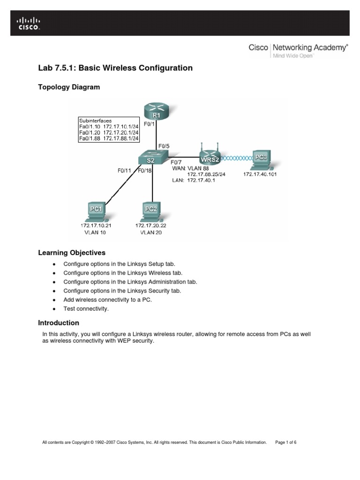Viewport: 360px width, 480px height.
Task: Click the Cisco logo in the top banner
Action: coord(29,23)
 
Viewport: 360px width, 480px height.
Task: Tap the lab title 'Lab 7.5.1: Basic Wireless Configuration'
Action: coord(115,68)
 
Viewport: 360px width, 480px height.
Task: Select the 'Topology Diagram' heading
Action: coord(68,87)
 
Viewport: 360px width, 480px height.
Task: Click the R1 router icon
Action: coord(156,112)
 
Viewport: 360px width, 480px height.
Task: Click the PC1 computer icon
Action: coord(96,210)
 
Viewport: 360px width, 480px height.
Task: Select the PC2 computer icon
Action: coord(150,210)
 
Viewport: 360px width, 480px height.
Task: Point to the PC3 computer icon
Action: coord(261,160)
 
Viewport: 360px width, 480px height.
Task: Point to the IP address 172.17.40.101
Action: coord(261,174)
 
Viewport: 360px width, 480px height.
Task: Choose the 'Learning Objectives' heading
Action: coord(71,253)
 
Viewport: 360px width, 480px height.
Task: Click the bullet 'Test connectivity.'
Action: coord(86,308)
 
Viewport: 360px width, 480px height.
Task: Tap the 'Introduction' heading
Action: coord(58,323)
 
